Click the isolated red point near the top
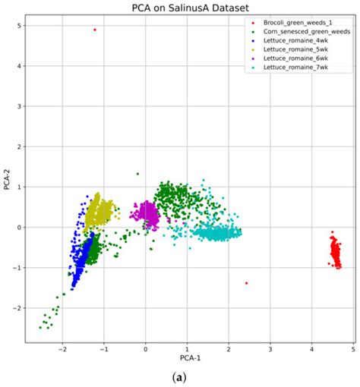[x=95, y=30]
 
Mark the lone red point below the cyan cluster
[x=246, y=283]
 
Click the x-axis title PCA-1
[x=186, y=356]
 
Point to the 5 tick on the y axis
[x=17, y=26]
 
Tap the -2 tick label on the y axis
[x=15, y=308]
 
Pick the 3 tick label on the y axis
[x=17, y=106]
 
